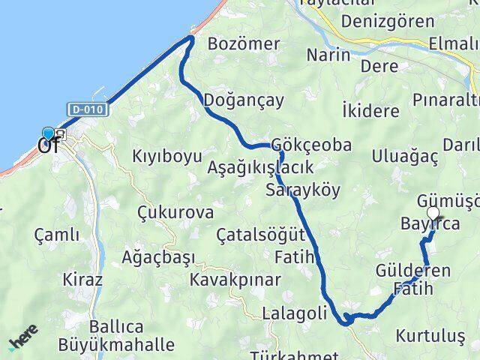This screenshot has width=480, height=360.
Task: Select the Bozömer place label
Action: [243, 42]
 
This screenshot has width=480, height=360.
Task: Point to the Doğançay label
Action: [235, 100]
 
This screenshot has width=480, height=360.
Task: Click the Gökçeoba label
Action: [311, 145]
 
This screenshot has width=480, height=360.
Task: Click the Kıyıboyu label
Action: [167, 157]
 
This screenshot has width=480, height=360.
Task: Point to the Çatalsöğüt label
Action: [260, 235]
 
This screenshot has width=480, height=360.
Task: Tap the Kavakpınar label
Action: [235, 280]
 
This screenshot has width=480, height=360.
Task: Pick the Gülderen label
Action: [413, 271]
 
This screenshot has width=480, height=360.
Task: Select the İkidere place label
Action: [370, 111]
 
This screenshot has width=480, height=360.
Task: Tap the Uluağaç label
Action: [405, 156]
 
